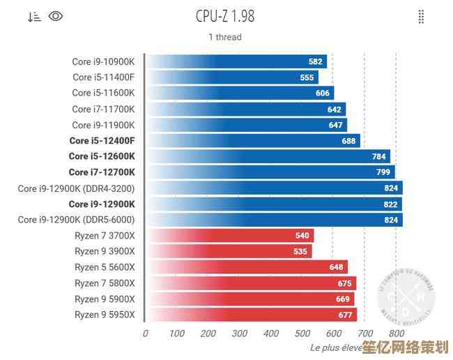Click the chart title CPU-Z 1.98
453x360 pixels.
pyautogui.click(x=224, y=16)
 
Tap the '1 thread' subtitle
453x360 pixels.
pyautogui.click(x=224, y=37)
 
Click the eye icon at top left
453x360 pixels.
pyautogui.click(x=56, y=16)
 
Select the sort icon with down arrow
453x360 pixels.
pyautogui.click(x=34, y=17)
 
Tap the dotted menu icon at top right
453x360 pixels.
pyautogui.click(x=421, y=17)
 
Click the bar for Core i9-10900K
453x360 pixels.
pyautogui.click(x=237, y=61)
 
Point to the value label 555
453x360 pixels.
pyautogui.click(x=307, y=77)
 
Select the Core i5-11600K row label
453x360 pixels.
pyautogui.click(x=103, y=93)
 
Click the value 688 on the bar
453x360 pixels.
pyautogui.click(x=348, y=141)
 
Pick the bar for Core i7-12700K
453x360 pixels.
pyautogui.click(x=272, y=172)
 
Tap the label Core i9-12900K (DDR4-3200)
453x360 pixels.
pyautogui.click(x=77, y=188)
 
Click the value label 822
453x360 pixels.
pyautogui.click(x=390, y=204)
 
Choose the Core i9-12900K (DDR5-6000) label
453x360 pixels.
pyautogui.click(x=77, y=220)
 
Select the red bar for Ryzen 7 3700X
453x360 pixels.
pyautogui.click(x=230, y=236)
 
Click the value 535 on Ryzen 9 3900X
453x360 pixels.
pyautogui.click(x=301, y=251)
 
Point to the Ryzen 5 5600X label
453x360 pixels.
pyautogui.click(x=105, y=267)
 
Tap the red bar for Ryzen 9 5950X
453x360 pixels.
pyautogui.click(x=251, y=315)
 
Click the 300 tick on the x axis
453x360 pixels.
pyautogui.click(x=239, y=334)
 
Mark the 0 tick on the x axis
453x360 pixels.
pyautogui.click(x=145, y=334)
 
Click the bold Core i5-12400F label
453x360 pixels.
pyautogui.click(x=102, y=141)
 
